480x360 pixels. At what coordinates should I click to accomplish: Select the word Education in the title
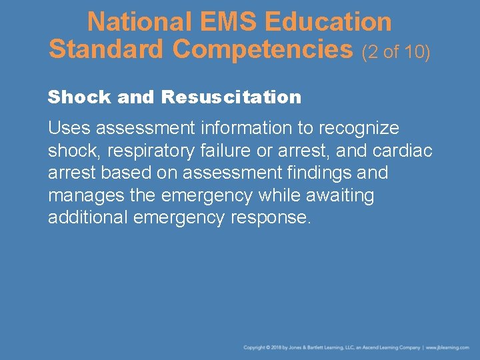point(328,22)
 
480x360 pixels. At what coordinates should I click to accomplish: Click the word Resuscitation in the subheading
point(231,97)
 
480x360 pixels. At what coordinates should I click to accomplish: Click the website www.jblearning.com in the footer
point(447,348)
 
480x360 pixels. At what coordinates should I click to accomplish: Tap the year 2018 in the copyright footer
point(277,348)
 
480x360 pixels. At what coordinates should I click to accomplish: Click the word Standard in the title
point(106,48)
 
